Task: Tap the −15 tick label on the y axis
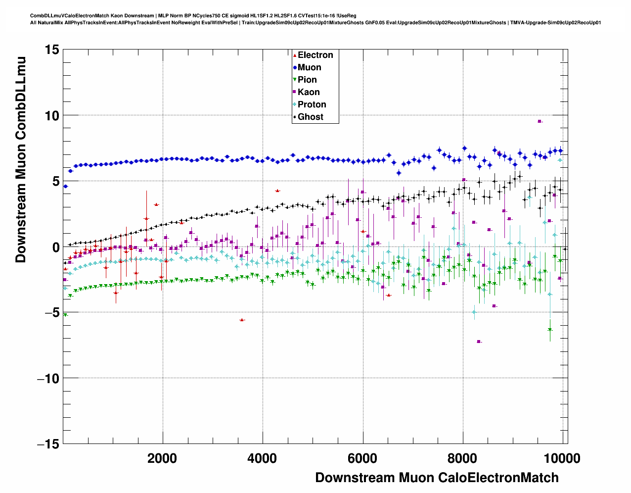point(47,444)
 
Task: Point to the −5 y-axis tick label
point(50,313)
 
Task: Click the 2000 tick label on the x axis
point(162,458)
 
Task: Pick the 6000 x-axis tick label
point(362,458)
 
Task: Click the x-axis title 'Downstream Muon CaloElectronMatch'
point(437,478)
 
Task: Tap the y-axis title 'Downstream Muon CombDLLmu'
point(21,159)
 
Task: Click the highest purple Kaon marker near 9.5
point(540,121)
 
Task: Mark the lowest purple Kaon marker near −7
point(479,342)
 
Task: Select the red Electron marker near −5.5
point(242,320)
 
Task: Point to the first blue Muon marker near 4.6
point(65,186)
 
